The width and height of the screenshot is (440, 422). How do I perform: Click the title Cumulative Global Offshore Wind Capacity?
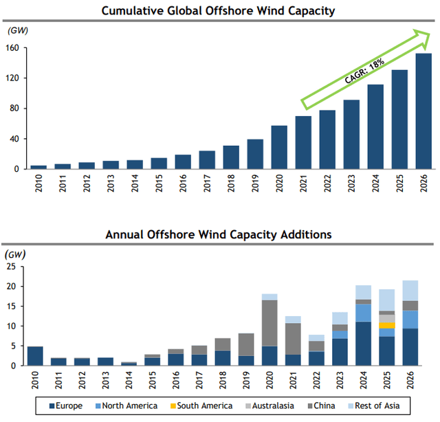(x=218, y=10)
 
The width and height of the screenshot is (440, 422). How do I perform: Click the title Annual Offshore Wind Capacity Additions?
(x=218, y=234)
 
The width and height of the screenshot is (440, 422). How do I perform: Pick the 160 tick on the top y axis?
(x=16, y=48)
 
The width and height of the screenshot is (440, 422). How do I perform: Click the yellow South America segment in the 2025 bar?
(x=388, y=325)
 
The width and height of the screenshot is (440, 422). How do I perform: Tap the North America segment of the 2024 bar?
(x=364, y=313)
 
